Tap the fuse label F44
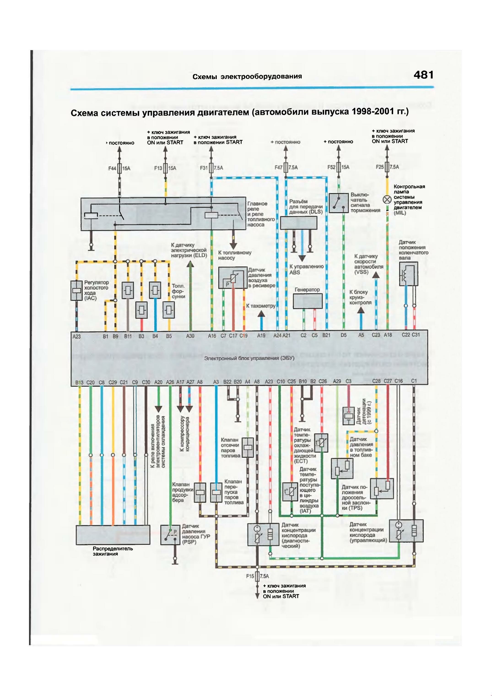pyautogui.click(x=112, y=168)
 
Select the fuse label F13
pyautogui.click(x=158, y=168)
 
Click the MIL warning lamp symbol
pyautogui.click(x=387, y=199)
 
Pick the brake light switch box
pyautogui.click(x=338, y=203)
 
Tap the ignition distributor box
pyautogui.click(x=113, y=535)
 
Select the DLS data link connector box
pyautogui.click(x=299, y=223)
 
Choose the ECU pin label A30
pyautogui.click(x=190, y=336)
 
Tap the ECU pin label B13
pyautogui.click(x=79, y=383)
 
